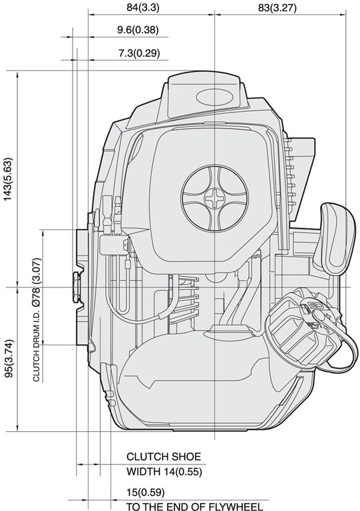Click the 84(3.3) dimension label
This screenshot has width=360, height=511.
(x=143, y=7)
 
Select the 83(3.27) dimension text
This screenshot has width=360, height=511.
(x=277, y=7)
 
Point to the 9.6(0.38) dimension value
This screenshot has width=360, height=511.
(x=138, y=30)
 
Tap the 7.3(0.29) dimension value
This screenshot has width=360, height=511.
(x=139, y=53)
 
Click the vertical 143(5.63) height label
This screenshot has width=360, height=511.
(x=8, y=179)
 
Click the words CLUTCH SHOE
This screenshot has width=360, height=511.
(x=164, y=456)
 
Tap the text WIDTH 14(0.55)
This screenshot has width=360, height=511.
(x=164, y=471)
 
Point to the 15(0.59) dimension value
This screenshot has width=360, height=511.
(x=146, y=492)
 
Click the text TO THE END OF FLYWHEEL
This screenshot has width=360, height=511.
(x=194, y=506)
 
